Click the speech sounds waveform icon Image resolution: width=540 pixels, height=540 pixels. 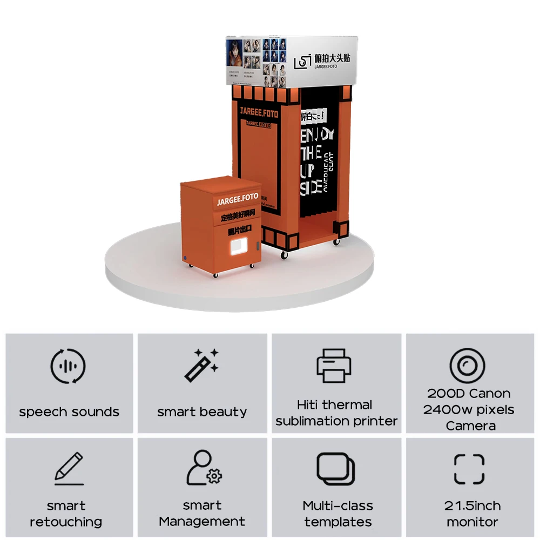[x=68, y=367]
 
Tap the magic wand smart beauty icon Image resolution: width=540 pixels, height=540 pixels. [x=201, y=366]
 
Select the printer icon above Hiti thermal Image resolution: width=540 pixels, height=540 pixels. [x=334, y=366]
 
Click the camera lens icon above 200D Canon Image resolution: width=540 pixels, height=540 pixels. [x=467, y=366]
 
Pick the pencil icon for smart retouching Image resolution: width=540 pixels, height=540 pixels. [x=69, y=468]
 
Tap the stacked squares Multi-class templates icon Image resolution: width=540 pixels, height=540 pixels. [x=336, y=468]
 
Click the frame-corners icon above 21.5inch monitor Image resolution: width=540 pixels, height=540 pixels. [x=469, y=468]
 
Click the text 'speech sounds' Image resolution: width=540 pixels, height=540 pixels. [x=69, y=412]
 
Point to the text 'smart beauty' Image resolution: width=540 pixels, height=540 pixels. [x=202, y=412]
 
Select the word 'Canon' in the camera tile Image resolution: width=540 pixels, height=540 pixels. [x=490, y=394]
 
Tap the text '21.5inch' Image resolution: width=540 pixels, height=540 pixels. [x=473, y=506]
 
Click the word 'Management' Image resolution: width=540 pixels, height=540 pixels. [x=202, y=522]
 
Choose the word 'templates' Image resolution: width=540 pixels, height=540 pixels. [x=337, y=522]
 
